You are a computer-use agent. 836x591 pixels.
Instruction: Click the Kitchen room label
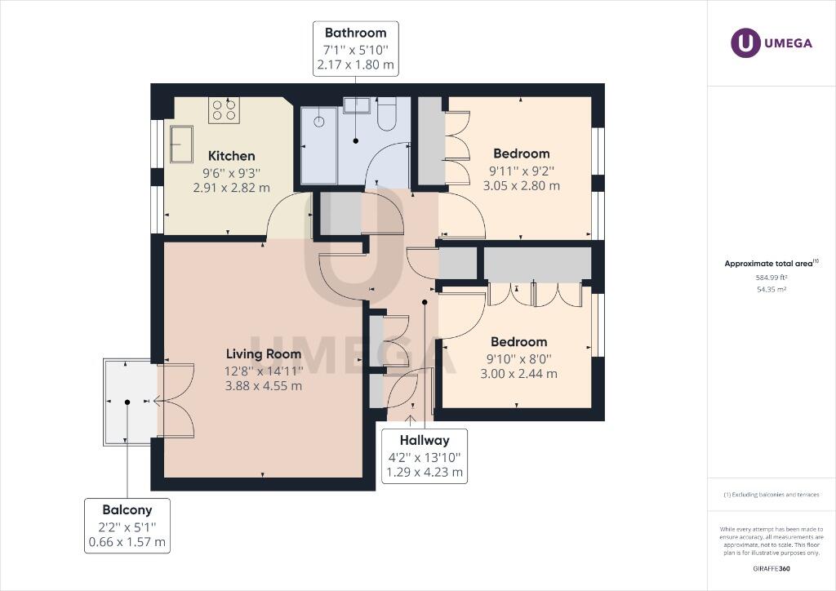pos(231,156)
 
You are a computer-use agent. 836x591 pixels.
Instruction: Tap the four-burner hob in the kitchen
pos(224,109)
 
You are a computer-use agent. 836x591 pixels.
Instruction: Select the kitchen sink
pos(182,144)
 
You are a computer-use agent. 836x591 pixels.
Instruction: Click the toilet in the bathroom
pos(386,113)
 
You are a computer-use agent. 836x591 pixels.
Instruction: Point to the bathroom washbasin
pos(354,105)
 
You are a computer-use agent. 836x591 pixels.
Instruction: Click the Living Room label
pos(264,353)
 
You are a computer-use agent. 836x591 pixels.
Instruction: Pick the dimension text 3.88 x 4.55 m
pos(264,385)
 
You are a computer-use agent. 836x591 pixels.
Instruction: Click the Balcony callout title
pos(127,510)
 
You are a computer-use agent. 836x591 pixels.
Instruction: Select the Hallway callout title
pos(425,441)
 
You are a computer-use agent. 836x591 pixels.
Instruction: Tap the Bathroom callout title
pos(356,33)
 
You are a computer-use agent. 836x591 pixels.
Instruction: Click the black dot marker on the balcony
pos(127,402)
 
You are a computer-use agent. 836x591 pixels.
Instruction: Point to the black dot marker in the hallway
pos(425,302)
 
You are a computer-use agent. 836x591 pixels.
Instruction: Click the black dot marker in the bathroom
pos(356,140)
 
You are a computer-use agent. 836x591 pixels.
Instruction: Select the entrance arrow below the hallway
pos(411,420)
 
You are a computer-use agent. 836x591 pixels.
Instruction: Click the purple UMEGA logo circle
pos(745,42)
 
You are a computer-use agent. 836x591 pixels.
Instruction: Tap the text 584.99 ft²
pos(772,277)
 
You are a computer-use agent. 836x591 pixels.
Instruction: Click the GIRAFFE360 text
pos(772,569)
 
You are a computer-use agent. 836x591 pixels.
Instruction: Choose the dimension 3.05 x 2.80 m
pos(522,185)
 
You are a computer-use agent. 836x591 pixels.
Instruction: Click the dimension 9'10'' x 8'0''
pos(518,358)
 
